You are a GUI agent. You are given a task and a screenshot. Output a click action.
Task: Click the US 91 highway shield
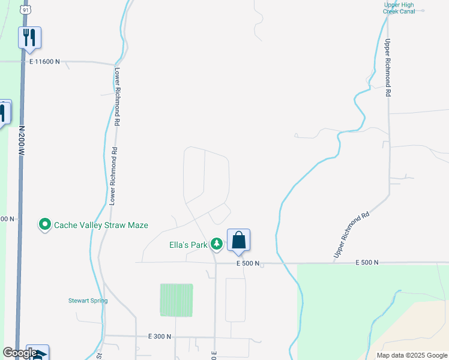click(x=25, y=10)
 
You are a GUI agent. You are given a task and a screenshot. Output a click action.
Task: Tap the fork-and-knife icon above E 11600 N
click(x=29, y=38)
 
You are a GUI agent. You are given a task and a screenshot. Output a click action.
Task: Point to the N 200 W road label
click(x=21, y=142)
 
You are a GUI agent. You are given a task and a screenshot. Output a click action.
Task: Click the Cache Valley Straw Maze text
click(x=101, y=225)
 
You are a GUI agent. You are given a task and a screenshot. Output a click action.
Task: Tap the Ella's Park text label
click(x=187, y=244)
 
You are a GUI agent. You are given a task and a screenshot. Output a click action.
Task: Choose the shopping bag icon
click(x=238, y=240)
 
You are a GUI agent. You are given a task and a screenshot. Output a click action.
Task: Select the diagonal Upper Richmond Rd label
click(x=351, y=235)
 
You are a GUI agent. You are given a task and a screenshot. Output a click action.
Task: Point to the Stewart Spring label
click(x=88, y=301)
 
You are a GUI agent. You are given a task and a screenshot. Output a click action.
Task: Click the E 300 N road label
click(x=160, y=337)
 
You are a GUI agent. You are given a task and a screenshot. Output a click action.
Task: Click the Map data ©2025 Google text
click(x=412, y=355)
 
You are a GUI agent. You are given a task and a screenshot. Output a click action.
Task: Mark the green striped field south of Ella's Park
click(x=176, y=300)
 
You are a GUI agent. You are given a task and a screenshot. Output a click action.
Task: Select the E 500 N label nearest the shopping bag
click(x=248, y=263)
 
